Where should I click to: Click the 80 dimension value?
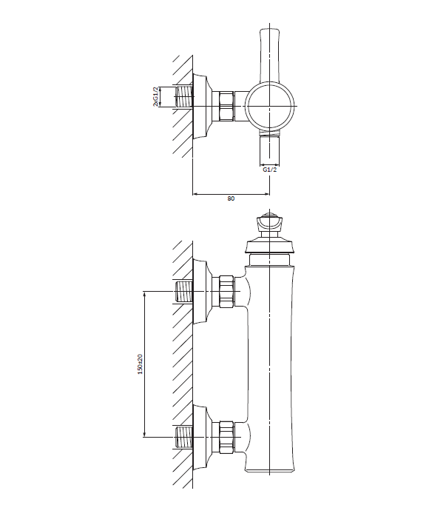point(231,198)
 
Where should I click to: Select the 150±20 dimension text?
point(140,364)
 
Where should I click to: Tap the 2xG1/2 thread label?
point(155,97)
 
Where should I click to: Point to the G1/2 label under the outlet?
point(269,170)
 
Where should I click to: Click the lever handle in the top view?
point(269,56)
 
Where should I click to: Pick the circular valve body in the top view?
point(270,106)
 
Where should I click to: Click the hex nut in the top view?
point(226,106)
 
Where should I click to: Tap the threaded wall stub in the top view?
point(184,97)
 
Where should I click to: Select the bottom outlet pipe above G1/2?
point(269,150)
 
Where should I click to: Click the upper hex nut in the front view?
point(227,291)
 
